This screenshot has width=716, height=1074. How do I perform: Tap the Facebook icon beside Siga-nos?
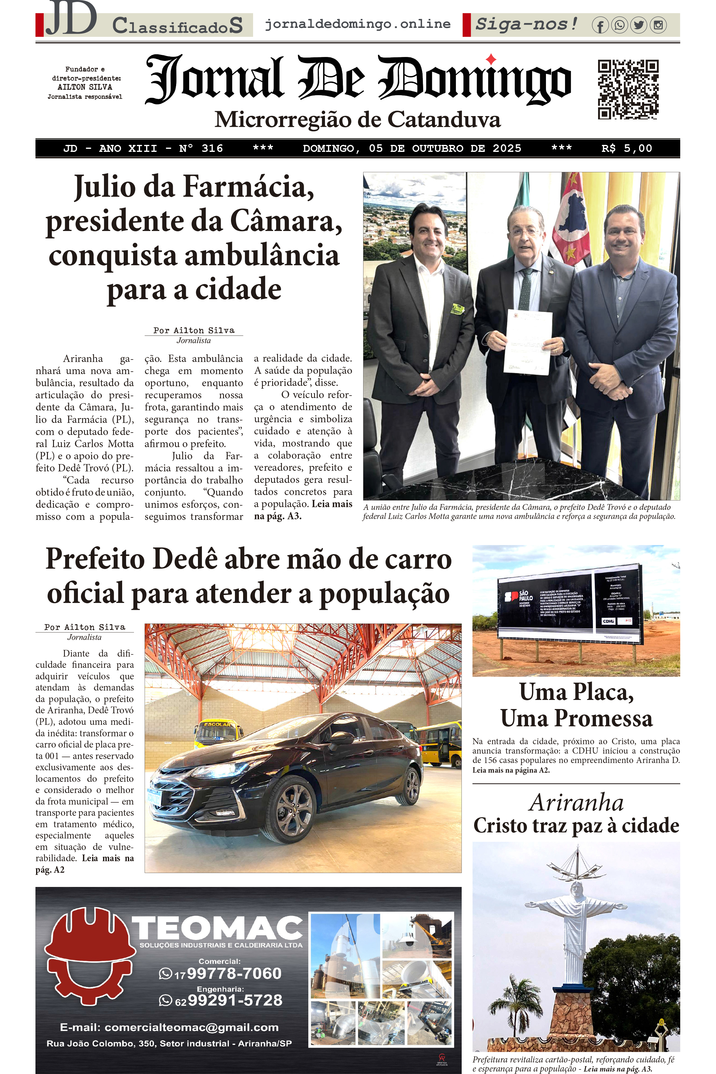[600, 25]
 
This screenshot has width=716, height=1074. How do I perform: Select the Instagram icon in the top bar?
[658, 25]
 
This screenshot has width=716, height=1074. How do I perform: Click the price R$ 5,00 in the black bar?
[627, 149]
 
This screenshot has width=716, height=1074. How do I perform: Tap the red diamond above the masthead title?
[491, 59]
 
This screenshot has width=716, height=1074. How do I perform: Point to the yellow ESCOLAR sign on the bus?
[217, 724]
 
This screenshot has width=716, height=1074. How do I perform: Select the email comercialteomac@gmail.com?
[192, 1027]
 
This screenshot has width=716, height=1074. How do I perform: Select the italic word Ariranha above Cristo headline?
[576, 803]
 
